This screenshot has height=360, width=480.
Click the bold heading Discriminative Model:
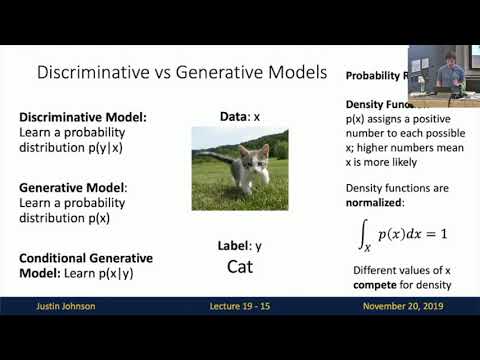(x=83, y=117)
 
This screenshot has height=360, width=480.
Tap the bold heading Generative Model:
(x=74, y=186)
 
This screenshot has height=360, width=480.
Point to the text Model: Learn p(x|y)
(x=74, y=273)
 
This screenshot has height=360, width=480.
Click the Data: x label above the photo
(x=239, y=117)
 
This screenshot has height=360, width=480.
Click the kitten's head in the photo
(x=247, y=157)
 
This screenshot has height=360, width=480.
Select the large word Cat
(x=239, y=267)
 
